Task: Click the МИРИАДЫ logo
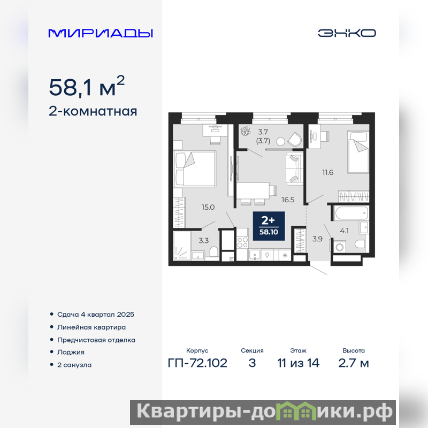tap(101, 33)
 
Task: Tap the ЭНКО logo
tap(347, 33)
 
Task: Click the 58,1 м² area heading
tap(87, 86)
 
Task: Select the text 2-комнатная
tap(93, 111)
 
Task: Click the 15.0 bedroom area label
tap(208, 207)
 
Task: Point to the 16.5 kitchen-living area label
tap(288, 200)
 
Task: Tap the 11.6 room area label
tap(327, 172)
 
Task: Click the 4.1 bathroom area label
tap(344, 231)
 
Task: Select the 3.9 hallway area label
tap(317, 239)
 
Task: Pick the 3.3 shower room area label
tap(204, 240)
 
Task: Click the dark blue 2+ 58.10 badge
tap(269, 226)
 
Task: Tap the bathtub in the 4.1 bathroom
tap(351, 213)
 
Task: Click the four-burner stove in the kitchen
tap(242, 243)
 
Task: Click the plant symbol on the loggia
tap(246, 131)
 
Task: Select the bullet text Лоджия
tap(71, 353)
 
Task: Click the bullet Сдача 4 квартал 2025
tap(96, 315)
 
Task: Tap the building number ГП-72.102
tap(197, 363)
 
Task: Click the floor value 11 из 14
tap(298, 363)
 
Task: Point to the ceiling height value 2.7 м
tap(354, 363)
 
